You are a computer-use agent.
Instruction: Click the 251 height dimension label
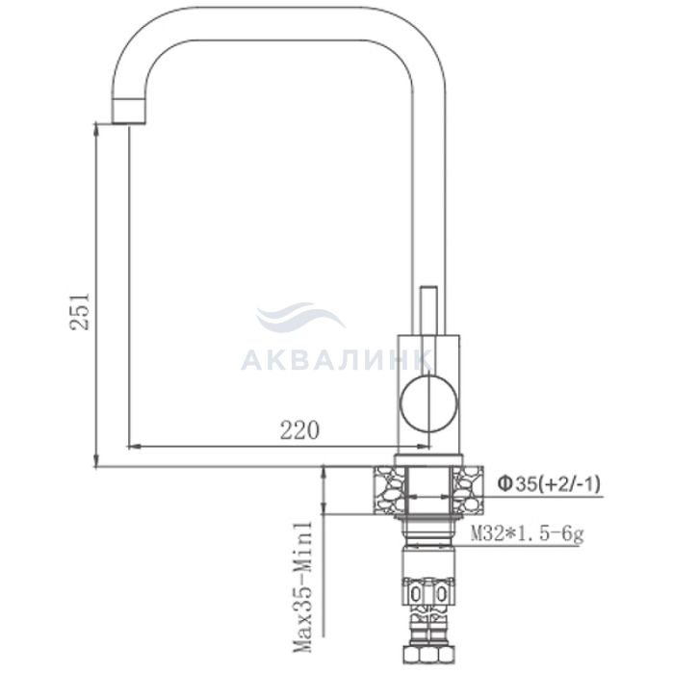pyautogui.click(x=80, y=311)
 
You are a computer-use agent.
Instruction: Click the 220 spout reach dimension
pyautogui.click(x=300, y=429)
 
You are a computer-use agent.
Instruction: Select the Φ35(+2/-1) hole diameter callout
pyautogui.click(x=549, y=485)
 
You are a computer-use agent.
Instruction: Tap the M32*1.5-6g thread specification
pyautogui.click(x=528, y=535)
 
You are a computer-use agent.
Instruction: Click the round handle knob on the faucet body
pyautogui.click(x=428, y=403)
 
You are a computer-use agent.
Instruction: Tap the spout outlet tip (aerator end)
pyautogui.click(x=129, y=111)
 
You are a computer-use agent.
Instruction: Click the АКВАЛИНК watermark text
pyautogui.click(x=336, y=360)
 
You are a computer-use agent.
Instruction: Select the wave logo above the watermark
pyautogui.click(x=300, y=317)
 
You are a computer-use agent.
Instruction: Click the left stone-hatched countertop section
pyautogui.click(x=389, y=490)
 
